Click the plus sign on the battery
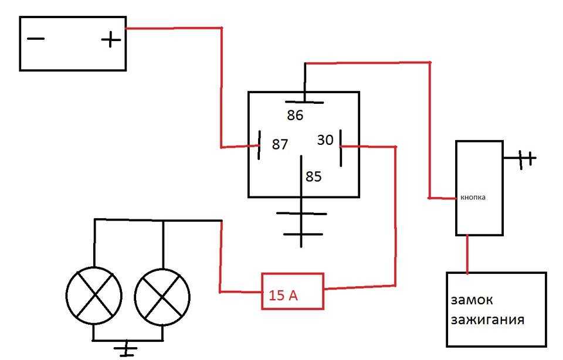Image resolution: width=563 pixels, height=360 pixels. (x=111, y=39)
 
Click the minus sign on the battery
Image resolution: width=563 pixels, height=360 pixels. (x=36, y=39)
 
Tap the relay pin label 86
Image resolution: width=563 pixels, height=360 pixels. (x=295, y=116)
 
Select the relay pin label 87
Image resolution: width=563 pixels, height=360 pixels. (x=280, y=144)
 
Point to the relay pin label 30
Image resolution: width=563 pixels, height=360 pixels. (x=325, y=140)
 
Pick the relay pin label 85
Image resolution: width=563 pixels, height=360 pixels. (x=313, y=176)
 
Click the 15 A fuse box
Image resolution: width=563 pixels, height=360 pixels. (x=293, y=291)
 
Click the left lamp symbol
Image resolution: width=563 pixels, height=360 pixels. (x=94, y=296)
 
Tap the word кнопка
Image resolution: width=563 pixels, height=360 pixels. (x=473, y=198)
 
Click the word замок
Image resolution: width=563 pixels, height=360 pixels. (x=472, y=300)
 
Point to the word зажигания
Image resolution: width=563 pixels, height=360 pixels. (x=487, y=320)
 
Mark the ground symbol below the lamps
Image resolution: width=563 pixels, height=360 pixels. (x=126, y=349)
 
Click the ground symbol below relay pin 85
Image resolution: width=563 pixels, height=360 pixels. (x=301, y=225)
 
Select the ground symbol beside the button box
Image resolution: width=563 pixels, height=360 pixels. (x=524, y=158)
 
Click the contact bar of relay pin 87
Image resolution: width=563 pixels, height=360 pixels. (x=259, y=145)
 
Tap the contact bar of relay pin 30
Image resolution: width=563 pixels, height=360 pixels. (x=340, y=148)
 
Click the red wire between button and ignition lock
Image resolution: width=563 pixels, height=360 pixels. (x=467, y=254)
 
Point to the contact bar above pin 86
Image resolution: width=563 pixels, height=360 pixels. (x=304, y=102)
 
